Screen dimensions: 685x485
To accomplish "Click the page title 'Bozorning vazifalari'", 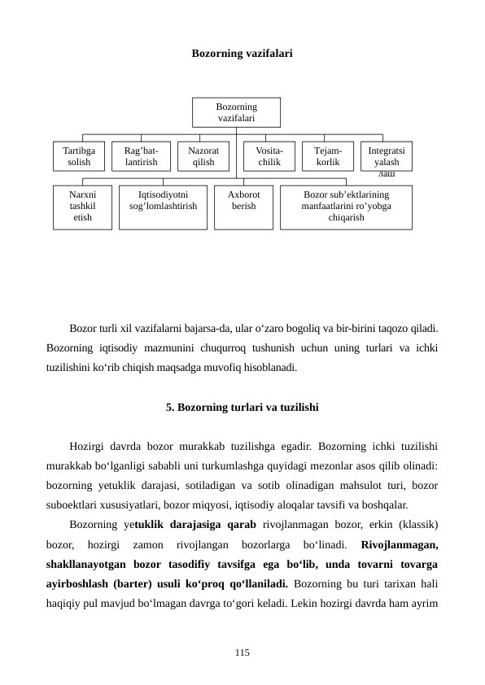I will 242,54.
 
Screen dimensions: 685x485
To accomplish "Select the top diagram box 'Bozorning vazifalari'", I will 236,113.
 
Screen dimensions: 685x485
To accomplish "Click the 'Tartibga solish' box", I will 79,156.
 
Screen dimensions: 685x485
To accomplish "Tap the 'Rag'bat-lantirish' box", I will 141,156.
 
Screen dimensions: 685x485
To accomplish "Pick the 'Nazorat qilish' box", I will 203,156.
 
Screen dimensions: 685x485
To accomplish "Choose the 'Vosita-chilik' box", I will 269,156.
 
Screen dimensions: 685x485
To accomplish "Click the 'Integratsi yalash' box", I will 386,156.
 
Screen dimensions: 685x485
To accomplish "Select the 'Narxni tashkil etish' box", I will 82,207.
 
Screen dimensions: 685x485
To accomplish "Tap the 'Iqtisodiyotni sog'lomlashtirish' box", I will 163,207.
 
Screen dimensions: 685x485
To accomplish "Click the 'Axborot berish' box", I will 243,207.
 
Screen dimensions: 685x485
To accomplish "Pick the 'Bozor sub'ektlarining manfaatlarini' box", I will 346,207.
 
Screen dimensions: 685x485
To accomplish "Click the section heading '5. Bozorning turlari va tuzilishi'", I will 242,406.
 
